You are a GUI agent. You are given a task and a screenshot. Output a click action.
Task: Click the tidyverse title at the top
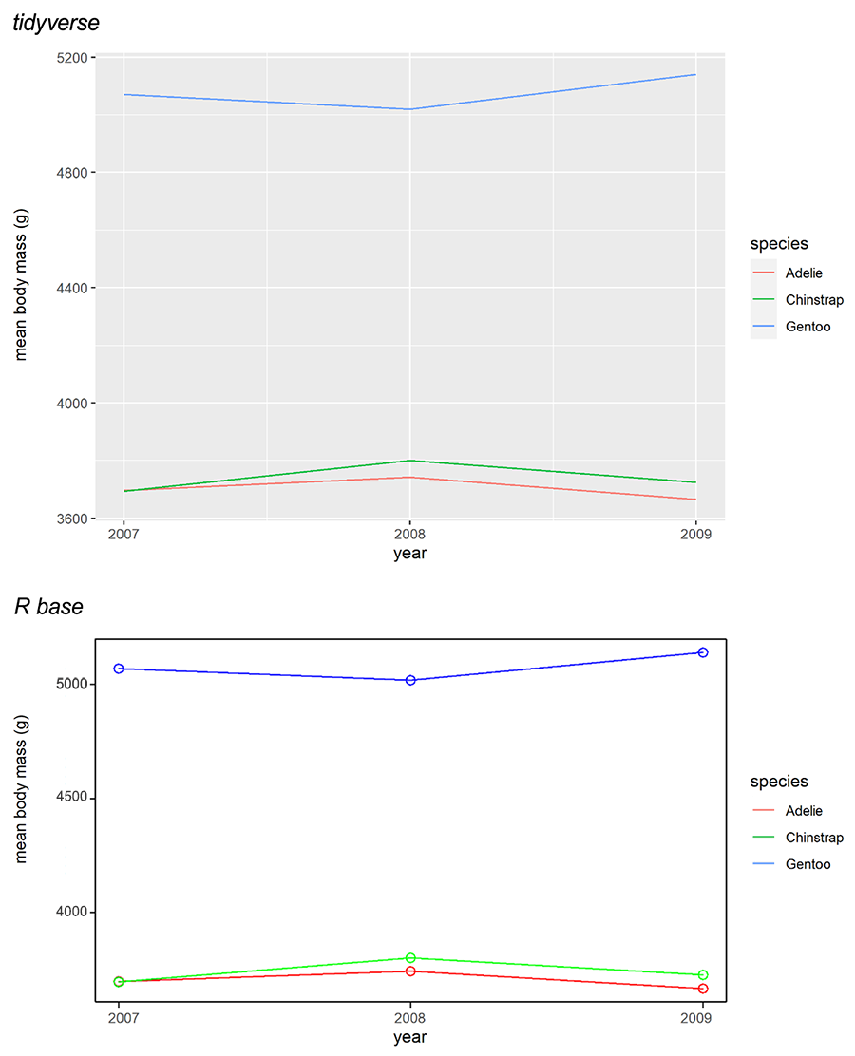click(x=56, y=24)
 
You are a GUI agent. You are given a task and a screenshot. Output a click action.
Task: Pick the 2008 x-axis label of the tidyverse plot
click(x=409, y=535)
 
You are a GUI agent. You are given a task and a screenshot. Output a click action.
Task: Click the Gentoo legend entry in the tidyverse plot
click(x=807, y=327)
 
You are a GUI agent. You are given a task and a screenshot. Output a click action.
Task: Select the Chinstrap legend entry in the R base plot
click(x=813, y=838)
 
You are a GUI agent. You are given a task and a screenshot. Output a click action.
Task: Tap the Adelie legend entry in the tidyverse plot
click(x=804, y=273)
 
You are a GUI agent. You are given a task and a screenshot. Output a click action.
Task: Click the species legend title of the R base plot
click(x=779, y=782)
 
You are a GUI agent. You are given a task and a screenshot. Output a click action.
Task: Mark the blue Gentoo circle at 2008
click(x=410, y=680)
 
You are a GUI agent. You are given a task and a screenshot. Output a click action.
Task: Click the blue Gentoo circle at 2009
click(x=703, y=652)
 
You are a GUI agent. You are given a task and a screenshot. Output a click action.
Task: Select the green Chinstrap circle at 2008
click(x=410, y=958)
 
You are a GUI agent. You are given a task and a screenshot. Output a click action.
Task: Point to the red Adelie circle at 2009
click(x=703, y=989)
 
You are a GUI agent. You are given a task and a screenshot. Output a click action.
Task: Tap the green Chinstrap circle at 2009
click(x=703, y=975)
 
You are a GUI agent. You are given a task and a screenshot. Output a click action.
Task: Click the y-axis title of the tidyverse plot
click(x=21, y=288)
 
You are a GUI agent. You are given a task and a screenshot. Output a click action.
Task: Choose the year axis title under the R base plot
click(x=410, y=1038)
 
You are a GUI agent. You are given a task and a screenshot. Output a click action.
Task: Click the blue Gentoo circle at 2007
click(x=119, y=669)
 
